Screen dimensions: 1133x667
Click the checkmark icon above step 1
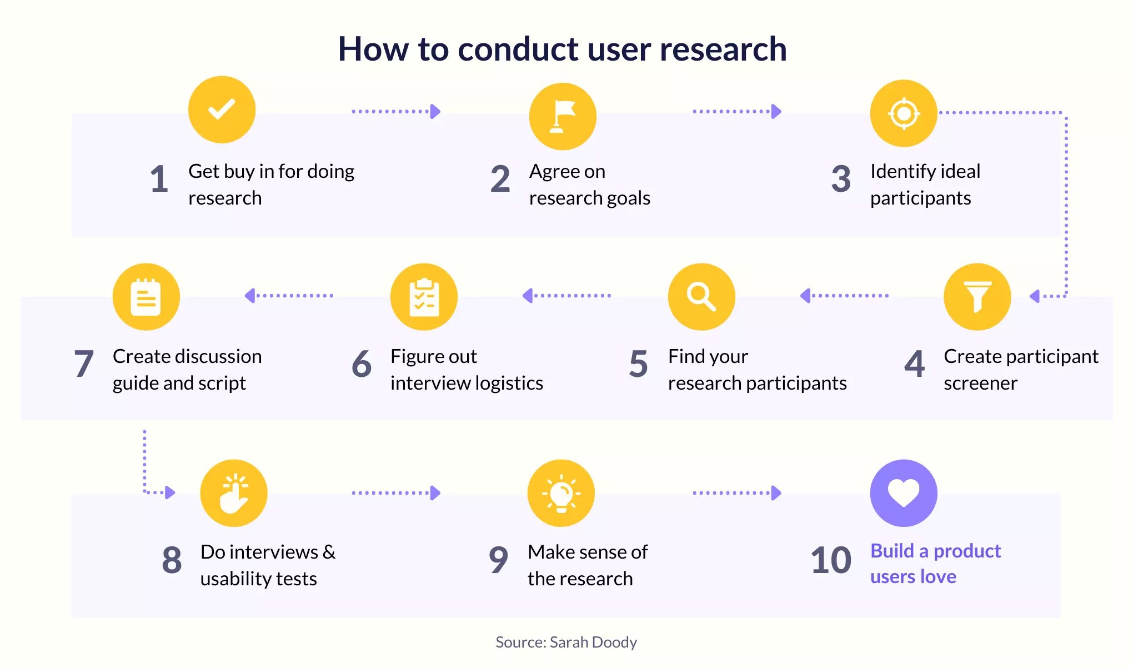pos(222,109)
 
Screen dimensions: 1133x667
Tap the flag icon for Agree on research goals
pos(563,117)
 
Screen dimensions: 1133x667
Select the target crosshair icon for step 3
pos(904,113)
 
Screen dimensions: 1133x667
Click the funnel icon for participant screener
pos(977,297)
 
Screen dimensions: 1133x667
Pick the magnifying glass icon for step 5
pos(701,297)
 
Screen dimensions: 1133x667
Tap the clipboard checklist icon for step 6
pos(424,297)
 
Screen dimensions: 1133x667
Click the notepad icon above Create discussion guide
pos(146,297)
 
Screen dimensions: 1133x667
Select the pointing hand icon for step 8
pos(234,493)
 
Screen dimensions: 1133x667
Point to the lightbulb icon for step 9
pos(561,493)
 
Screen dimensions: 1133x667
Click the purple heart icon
pos(904,493)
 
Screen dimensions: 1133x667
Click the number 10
pos(831,560)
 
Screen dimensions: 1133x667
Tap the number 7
pos(84,364)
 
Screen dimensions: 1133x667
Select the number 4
pos(915,364)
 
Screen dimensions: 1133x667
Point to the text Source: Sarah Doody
pos(566,642)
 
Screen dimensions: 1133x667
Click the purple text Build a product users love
pos(935,564)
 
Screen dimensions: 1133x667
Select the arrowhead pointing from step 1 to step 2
pos(436,112)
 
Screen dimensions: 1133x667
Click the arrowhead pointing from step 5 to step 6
pos(528,296)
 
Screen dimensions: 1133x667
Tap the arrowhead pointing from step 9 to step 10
pos(776,493)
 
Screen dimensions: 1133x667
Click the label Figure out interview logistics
pos(467,370)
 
